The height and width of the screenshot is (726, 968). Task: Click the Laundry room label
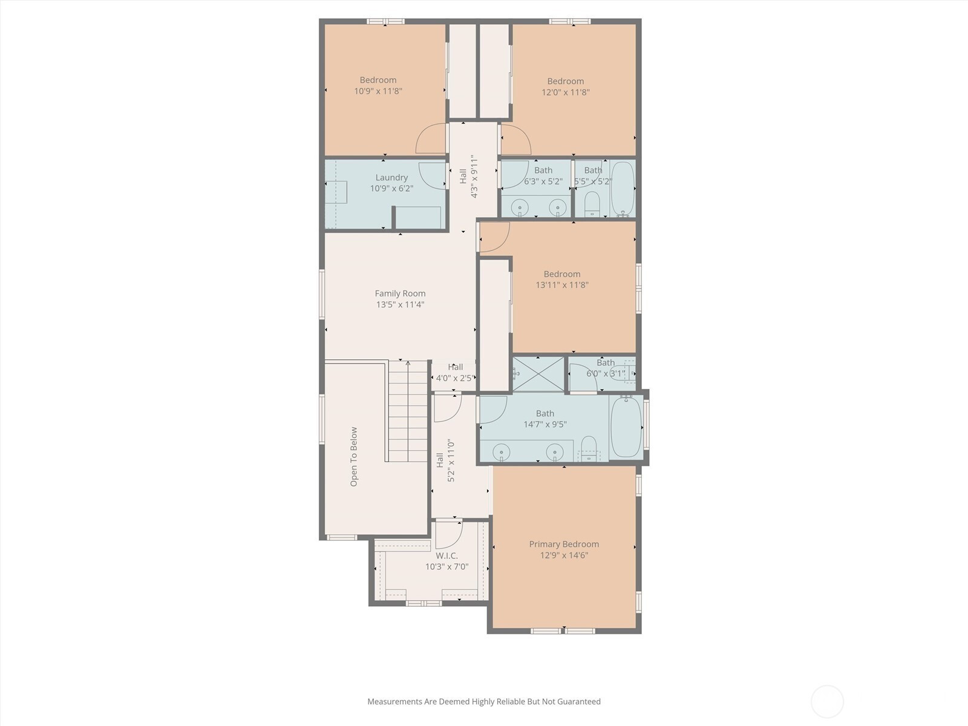[391, 178]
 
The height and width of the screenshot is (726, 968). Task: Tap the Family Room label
[400, 293]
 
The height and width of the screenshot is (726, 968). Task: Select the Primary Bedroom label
[564, 544]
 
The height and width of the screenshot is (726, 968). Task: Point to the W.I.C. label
[446, 556]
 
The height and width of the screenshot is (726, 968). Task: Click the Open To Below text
[354, 457]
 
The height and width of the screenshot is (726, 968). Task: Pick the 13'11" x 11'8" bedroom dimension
[562, 285]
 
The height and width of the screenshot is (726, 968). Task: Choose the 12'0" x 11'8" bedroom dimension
[565, 93]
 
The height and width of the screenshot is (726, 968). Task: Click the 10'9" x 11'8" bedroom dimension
[378, 91]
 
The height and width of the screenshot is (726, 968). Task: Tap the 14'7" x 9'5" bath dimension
[545, 425]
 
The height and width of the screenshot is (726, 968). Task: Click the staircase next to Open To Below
[408, 411]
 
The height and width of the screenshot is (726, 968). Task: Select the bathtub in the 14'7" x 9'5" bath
[626, 427]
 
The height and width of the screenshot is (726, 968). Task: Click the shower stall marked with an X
[538, 374]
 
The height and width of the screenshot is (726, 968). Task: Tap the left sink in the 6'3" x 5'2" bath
[521, 207]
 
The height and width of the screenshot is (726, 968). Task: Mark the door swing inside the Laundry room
[432, 176]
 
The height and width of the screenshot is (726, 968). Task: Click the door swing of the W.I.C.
[448, 535]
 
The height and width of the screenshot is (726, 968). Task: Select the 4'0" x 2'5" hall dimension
[455, 378]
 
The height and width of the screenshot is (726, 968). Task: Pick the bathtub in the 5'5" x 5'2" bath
[623, 188]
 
